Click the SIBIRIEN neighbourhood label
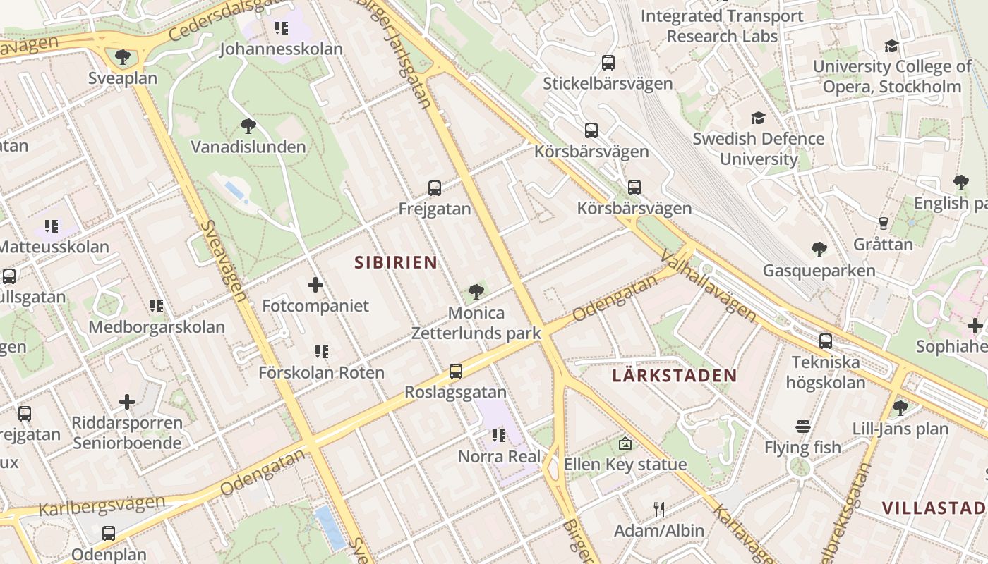click(x=395, y=263)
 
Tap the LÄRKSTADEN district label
click(x=674, y=375)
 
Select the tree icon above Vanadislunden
click(x=248, y=126)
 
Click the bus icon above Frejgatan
click(x=435, y=188)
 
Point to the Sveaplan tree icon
click(x=123, y=56)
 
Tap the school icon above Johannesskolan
click(x=282, y=28)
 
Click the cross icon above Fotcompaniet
click(x=315, y=285)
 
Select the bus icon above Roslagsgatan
click(x=456, y=372)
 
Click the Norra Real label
click(x=500, y=457)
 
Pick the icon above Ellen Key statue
click(x=625, y=443)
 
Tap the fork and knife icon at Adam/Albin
click(x=659, y=509)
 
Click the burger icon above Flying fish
click(x=803, y=427)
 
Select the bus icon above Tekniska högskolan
click(x=826, y=341)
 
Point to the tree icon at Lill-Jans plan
click(x=900, y=407)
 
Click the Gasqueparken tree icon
click(x=819, y=250)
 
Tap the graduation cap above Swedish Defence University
click(x=758, y=118)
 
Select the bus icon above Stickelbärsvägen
click(x=608, y=63)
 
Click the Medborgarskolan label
click(x=157, y=327)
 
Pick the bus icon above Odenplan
click(x=109, y=534)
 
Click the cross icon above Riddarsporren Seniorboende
click(x=127, y=402)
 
